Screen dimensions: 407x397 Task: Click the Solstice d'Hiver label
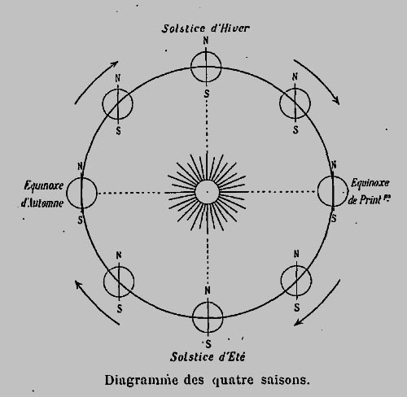[x=205, y=28]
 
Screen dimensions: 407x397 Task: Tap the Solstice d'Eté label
[x=208, y=356]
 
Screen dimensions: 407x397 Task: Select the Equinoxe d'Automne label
[x=43, y=194]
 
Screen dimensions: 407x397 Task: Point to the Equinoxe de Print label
[x=370, y=191]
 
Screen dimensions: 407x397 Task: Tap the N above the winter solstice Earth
[x=206, y=41]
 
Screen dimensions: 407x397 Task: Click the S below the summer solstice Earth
[x=208, y=344]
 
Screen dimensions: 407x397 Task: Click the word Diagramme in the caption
[x=141, y=380]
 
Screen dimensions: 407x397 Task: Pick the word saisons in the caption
[x=285, y=380]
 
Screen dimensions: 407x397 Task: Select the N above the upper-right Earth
[x=295, y=77]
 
